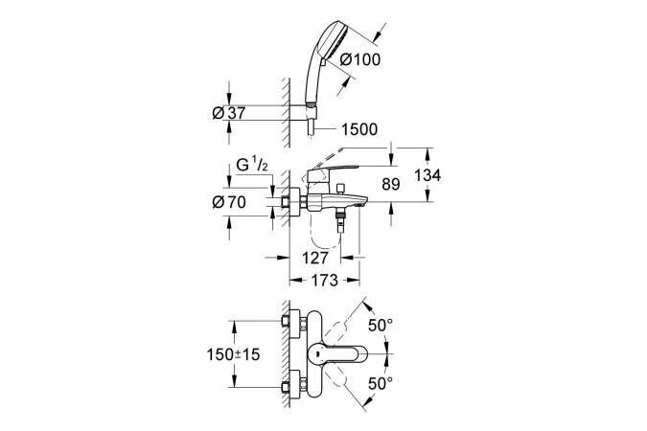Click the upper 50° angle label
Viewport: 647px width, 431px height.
[381, 326]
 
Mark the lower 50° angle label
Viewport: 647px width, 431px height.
[381, 383]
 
